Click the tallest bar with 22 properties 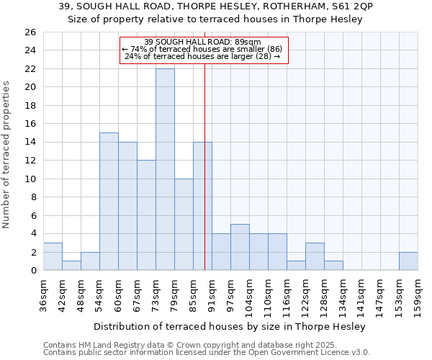tap(165, 169)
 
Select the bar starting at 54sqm tap(109, 201)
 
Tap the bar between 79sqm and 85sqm tap(184, 224)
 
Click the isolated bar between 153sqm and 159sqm tap(408, 261)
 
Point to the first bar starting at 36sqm tap(53, 256)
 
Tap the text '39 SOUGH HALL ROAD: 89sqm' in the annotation tap(203, 42)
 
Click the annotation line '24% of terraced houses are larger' tap(203, 56)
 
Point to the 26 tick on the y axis tap(31, 32)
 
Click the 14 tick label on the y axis tap(31, 143)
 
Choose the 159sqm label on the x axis tap(418, 297)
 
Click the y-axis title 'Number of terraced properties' tap(6, 155)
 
